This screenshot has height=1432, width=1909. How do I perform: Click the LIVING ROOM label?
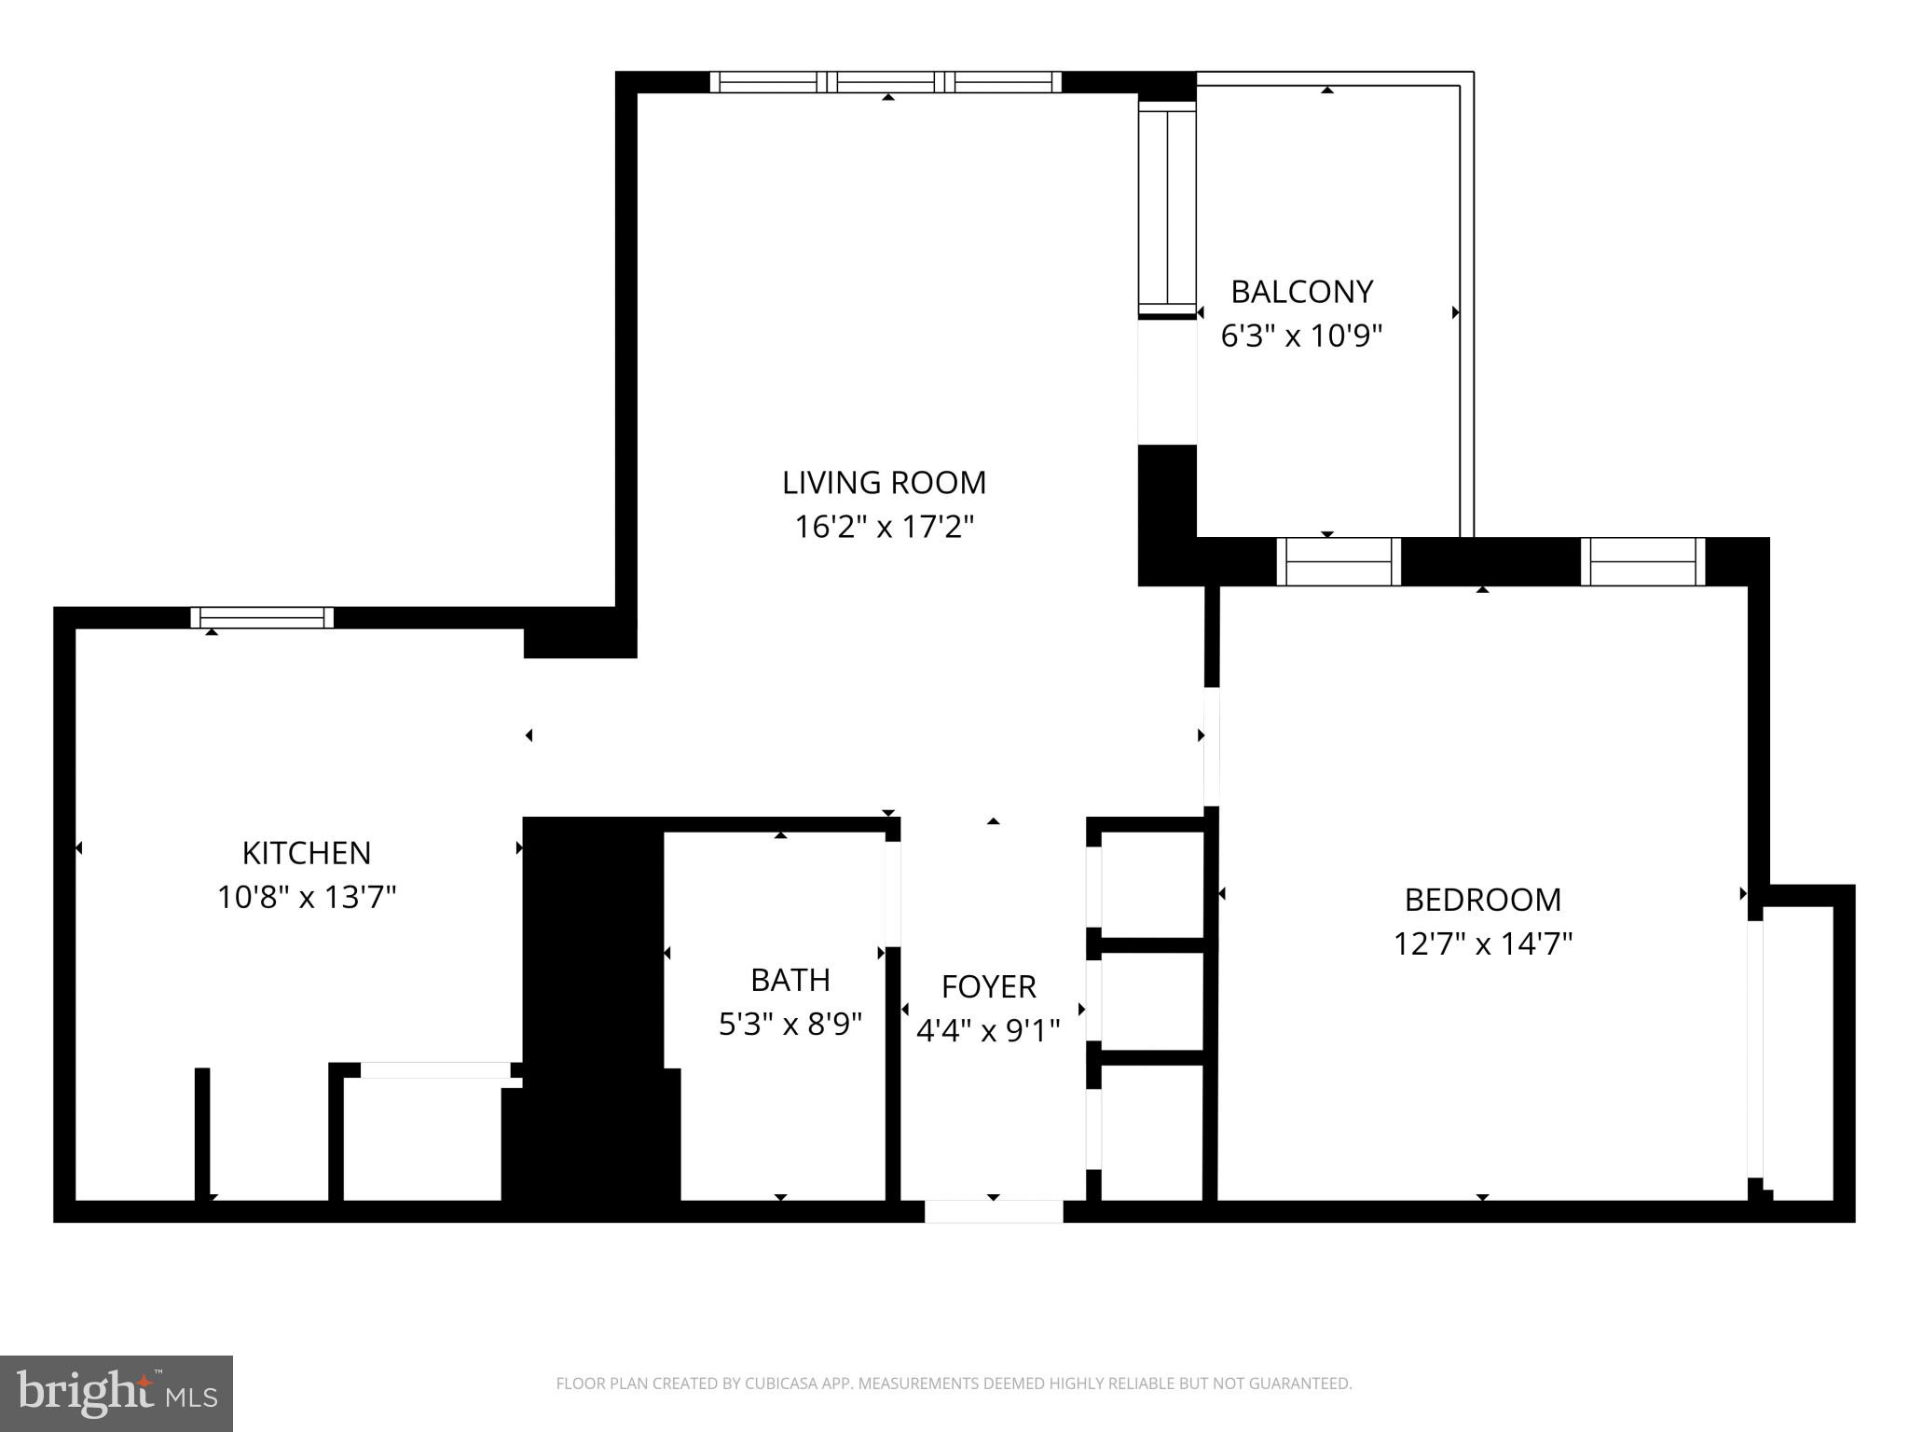(x=884, y=483)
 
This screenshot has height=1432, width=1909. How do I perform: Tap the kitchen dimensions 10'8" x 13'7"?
(x=307, y=898)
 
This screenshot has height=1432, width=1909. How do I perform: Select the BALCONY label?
(x=1301, y=293)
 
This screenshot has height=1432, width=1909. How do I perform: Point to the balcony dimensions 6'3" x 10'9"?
(x=1301, y=336)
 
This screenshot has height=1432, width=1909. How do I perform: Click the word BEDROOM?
(x=1482, y=900)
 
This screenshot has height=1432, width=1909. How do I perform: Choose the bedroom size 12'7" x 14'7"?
(x=1482, y=944)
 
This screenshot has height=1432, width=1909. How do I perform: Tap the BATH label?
(x=790, y=980)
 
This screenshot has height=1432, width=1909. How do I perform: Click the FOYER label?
(x=988, y=986)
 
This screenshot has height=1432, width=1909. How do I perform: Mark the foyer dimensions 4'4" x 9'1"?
(x=988, y=1031)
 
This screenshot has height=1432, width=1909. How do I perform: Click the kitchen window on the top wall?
(x=262, y=617)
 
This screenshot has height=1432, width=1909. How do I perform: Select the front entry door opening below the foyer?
(x=993, y=1211)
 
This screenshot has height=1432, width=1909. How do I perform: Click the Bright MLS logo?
(x=117, y=1393)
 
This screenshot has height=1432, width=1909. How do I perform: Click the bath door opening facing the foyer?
(x=892, y=893)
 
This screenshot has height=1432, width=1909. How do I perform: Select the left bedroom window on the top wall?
(x=1338, y=562)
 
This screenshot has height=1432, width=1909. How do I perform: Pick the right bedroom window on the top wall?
(x=1642, y=562)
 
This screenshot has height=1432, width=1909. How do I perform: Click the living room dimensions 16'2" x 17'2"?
(x=884, y=528)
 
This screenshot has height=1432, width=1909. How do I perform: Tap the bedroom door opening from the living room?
(x=1211, y=746)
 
